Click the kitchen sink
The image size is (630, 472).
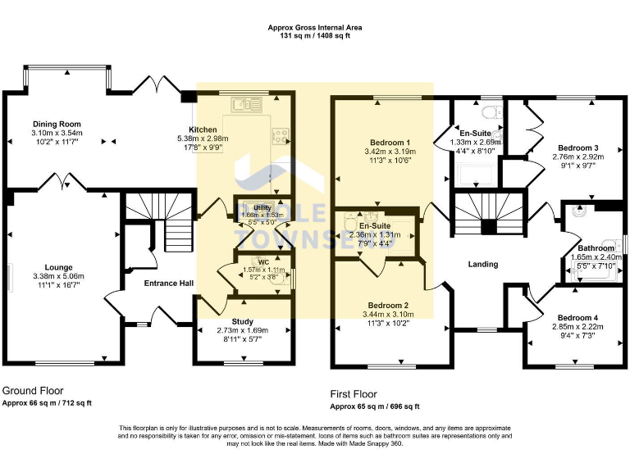pyautogui.click(x=244, y=105)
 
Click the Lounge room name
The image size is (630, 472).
pyautogui.click(x=59, y=267)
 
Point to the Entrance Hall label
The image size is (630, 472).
pyautogui.click(x=169, y=284)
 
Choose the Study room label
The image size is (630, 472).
pyautogui.click(x=243, y=321)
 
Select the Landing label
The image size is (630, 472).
pyautogui.click(x=483, y=264)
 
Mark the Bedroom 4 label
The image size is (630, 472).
pyautogui.click(x=577, y=318)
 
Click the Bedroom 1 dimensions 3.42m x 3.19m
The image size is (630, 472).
pyautogui.click(x=390, y=152)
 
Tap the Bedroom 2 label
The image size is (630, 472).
pyautogui.click(x=389, y=305)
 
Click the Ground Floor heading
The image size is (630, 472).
pyautogui.click(x=33, y=391)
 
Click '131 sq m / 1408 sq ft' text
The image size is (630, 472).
pyautogui.click(x=315, y=36)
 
